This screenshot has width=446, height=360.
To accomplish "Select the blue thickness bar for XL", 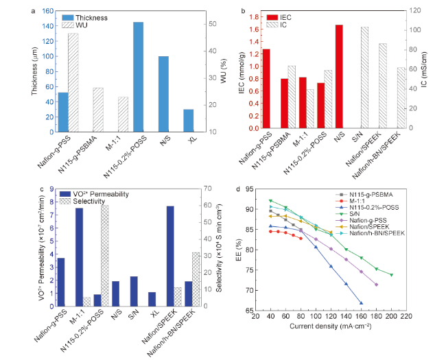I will point(188,120).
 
